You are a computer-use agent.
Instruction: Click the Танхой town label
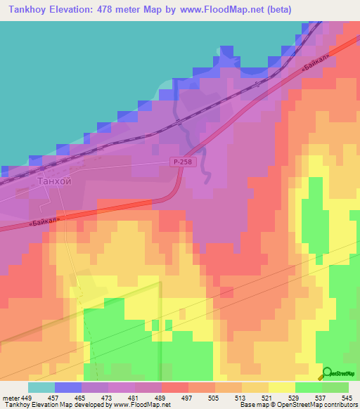click(x=54, y=181)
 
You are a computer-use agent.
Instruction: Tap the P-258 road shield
click(x=180, y=162)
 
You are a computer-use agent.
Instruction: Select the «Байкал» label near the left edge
click(x=44, y=220)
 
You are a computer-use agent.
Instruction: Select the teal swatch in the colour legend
click(x=41, y=388)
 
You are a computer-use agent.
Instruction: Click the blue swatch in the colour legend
click(x=67, y=388)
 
